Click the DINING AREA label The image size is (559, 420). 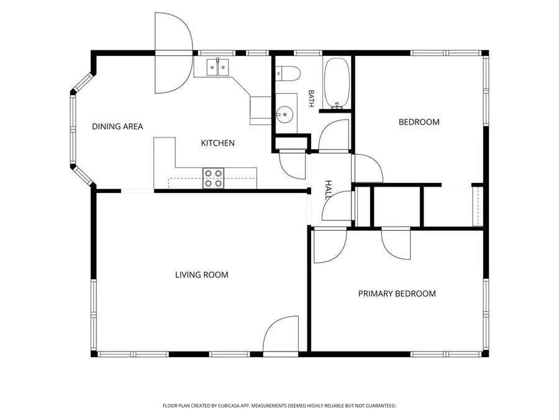coord(117,126)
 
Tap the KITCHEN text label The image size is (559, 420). coord(217,143)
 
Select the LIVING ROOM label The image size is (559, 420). coord(201,274)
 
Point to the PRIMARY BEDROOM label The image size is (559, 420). coord(397,294)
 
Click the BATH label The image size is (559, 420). coord(311,98)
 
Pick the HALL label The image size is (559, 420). coord(328,190)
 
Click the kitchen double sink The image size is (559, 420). coord(218,67)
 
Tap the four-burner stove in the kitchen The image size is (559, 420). coord(213,178)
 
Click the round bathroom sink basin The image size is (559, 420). coord(284,114)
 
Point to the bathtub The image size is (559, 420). coord(337,83)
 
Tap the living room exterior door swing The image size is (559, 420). coord(280,334)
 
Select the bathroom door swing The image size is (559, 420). coord(334,135)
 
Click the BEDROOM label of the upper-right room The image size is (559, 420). coord(419,122)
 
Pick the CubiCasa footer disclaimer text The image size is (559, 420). coord(279,406)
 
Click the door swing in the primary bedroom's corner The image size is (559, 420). coord(330,246)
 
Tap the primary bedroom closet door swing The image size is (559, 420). coord(396,245)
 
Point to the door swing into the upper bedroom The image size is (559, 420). coord(368,169)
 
